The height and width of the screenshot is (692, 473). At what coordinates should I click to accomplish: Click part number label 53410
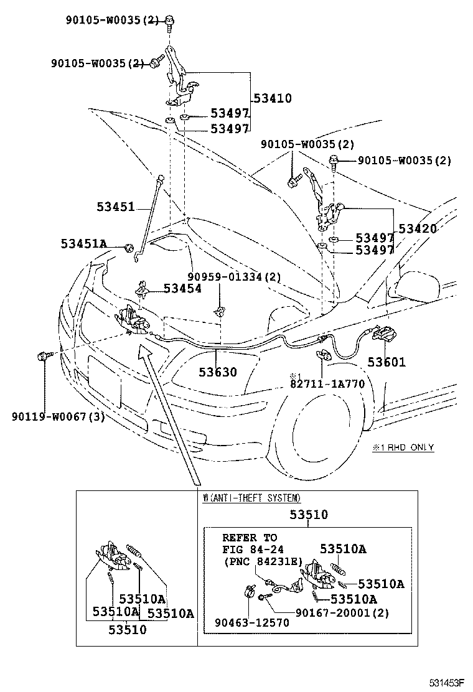[273, 98]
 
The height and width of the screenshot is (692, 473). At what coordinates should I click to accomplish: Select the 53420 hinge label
[418, 228]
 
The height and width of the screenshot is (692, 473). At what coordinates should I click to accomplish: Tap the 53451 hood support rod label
[116, 206]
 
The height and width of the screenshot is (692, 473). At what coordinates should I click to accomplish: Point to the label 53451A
[84, 243]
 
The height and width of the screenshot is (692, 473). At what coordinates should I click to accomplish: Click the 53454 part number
[183, 288]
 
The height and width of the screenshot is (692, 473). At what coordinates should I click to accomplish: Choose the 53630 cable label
[218, 372]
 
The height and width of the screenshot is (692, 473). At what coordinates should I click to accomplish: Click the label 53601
[386, 362]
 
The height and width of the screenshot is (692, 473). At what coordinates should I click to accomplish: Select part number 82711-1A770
[327, 383]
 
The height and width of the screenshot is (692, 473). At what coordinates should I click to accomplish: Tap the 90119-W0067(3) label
[59, 416]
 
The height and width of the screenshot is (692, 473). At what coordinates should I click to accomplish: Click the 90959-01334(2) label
[234, 277]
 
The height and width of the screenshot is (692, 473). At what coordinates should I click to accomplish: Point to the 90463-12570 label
[252, 622]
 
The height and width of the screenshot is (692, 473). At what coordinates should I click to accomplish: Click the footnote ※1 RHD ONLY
[403, 447]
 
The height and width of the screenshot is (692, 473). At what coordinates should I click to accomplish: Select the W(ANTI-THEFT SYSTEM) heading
[251, 498]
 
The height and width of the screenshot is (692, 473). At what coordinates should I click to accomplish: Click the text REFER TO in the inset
[250, 538]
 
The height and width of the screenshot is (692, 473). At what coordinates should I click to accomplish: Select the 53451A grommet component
[129, 247]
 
